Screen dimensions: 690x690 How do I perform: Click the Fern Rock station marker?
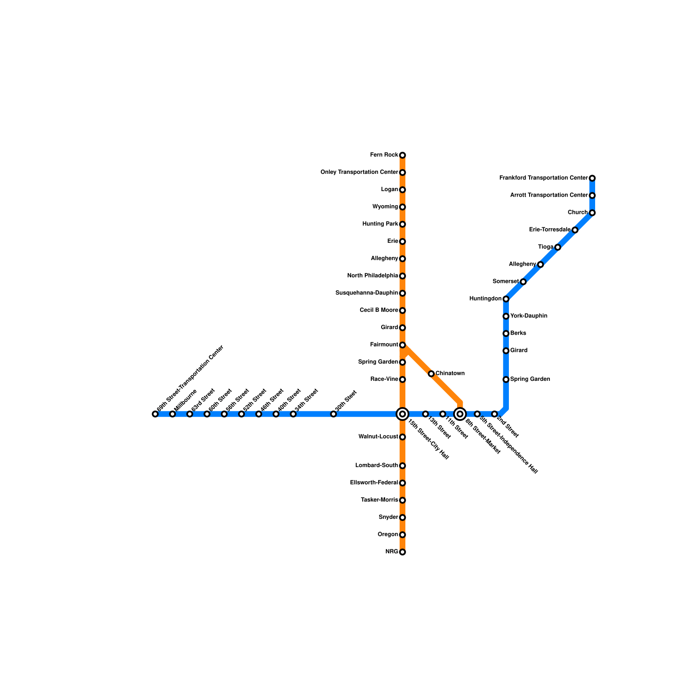click(x=402, y=155)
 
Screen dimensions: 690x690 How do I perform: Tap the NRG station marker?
click(x=402, y=552)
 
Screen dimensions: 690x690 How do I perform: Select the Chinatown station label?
click(x=450, y=373)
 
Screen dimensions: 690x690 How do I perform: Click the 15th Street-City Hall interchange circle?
click(x=402, y=414)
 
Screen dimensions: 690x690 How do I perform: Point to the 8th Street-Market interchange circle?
click(x=460, y=414)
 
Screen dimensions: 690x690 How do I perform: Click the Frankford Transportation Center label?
click(x=543, y=178)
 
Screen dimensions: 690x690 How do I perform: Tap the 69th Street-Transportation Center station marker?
click(x=155, y=414)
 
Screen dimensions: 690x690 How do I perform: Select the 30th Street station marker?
click(x=333, y=414)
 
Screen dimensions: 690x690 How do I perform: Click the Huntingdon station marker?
click(x=506, y=299)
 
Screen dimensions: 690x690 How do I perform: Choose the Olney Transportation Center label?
click(x=359, y=172)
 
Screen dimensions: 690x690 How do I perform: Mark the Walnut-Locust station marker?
click(x=402, y=437)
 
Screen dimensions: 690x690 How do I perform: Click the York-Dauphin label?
click(x=529, y=316)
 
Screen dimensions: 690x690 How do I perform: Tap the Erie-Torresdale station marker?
click(x=575, y=230)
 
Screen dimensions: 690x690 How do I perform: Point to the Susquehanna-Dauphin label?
click(x=367, y=293)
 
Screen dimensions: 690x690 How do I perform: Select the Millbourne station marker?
click(x=172, y=414)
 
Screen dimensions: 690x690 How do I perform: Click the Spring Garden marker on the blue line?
click(x=506, y=379)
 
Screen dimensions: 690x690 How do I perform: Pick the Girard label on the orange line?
click(x=389, y=328)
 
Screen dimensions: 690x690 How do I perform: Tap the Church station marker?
click(x=592, y=213)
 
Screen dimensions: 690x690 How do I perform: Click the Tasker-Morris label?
click(x=379, y=500)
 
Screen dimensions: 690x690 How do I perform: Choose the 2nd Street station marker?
click(x=495, y=414)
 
